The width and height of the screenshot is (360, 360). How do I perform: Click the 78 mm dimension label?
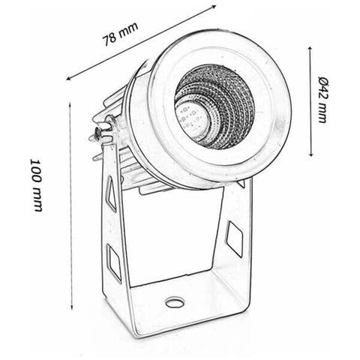tap(120, 34)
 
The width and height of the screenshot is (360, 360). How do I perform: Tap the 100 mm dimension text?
tap(37, 185)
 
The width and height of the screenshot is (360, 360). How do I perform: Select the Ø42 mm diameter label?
tap(323, 100)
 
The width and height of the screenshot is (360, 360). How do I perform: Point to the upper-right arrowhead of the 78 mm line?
tap(214, 6)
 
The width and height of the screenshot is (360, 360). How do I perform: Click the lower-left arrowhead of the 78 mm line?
tap(68, 79)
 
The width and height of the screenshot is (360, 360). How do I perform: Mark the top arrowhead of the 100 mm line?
tap(70, 104)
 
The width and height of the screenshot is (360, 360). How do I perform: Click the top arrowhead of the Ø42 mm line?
tap(310, 49)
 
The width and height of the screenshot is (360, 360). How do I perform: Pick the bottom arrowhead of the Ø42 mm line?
tap(310, 154)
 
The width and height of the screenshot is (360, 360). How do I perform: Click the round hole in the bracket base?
tap(175, 302)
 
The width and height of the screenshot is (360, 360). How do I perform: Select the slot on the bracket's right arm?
tap(235, 239)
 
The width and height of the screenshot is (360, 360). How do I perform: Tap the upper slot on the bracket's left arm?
tap(111, 193)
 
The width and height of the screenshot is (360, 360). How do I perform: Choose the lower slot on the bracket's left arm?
tap(114, 262)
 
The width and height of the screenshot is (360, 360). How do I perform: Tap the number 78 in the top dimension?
tap(109, 39)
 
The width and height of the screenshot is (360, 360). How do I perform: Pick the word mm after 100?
tap(37, 200)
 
